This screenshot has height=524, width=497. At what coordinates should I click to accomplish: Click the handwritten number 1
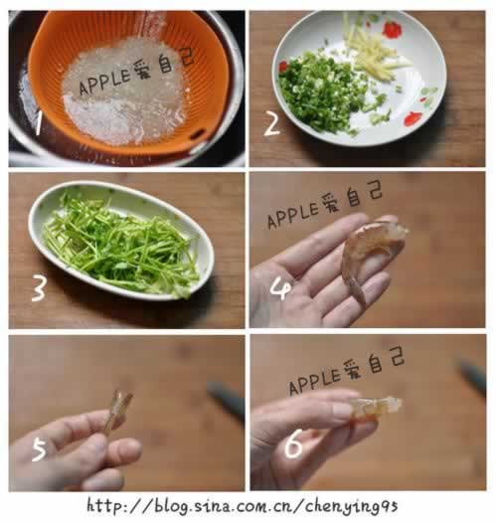37,123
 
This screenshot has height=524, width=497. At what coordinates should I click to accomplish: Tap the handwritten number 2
270,123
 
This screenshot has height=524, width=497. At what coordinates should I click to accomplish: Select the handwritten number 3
39,288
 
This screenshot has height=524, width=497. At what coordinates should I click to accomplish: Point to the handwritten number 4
281,287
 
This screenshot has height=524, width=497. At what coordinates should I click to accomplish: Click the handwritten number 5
39,449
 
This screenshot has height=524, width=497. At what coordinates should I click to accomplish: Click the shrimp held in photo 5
117,410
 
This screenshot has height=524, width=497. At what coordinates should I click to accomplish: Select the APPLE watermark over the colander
135,75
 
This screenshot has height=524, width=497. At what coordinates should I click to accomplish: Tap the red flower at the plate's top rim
392,29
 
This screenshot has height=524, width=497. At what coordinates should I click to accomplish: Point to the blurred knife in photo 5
225,398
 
